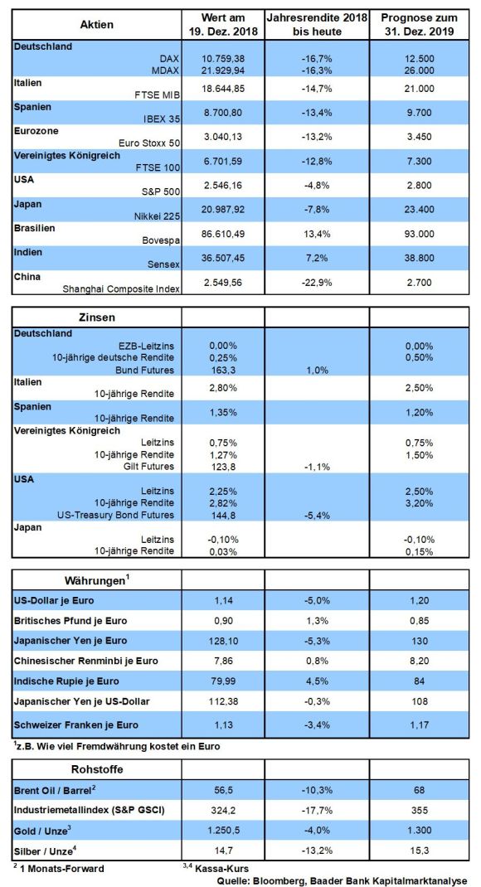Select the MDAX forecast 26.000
pos(420,70)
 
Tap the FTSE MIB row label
pos(157,95)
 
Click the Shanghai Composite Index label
pos(121,288)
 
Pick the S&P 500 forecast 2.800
pos(420,185)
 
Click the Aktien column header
pos(97,24)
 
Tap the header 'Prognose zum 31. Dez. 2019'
pos(420,24)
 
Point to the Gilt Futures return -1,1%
pos(317,467)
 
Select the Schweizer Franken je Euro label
pos(75,725)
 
